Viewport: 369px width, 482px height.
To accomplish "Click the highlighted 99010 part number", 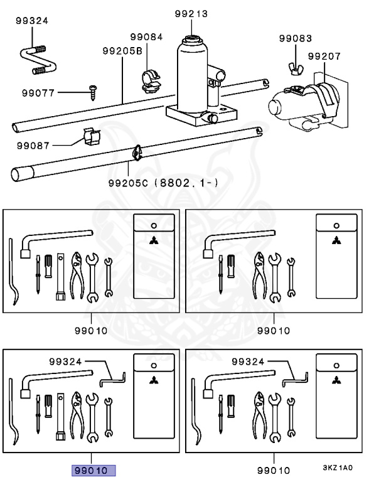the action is click(94, 470).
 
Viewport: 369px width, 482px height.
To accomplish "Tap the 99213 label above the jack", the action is click(191, 14).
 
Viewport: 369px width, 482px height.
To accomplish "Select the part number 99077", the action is click(38, 92).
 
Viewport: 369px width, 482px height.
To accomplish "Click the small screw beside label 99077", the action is click(92, 92).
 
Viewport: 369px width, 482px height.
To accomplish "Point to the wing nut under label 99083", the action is click(296, 68).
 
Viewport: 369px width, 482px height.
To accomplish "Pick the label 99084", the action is click(146, 37).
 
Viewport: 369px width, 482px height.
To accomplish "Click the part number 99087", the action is click(33, 146).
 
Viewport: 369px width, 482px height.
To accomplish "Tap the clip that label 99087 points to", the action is click(92, 136).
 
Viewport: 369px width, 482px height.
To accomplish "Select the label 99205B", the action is click(122, 51).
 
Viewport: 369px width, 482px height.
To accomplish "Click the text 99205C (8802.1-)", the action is click(164, 183).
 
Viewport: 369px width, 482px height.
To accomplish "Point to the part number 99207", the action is click(324, 56).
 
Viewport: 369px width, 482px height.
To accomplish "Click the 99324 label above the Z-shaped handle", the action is click(32, 21).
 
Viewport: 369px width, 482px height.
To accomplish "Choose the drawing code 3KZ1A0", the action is click(338, 468).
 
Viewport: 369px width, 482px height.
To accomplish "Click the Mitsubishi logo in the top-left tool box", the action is click(154, 241).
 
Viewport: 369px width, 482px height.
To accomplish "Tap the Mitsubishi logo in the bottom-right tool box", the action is click(336, 380).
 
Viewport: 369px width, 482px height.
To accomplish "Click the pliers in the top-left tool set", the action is click(77, 275).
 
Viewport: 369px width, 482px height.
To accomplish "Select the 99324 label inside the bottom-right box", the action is click(248, 361).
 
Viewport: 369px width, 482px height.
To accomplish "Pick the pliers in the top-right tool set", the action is click(260, 275).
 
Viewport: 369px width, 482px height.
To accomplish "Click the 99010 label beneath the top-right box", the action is click(274, 331).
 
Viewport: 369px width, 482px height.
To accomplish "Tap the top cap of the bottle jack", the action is click(192, 40).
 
